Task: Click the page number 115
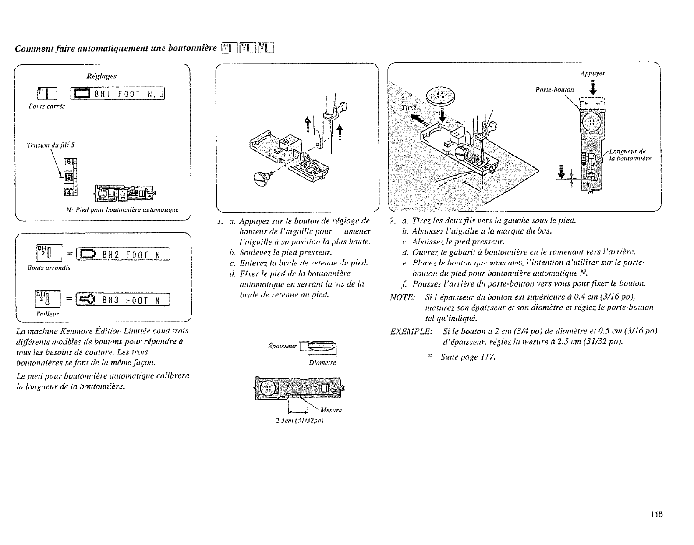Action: coord(656,514)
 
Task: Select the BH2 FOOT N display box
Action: coord(123,254)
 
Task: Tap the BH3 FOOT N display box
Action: coord(123,300)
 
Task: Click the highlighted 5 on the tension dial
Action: coord(68,177)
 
